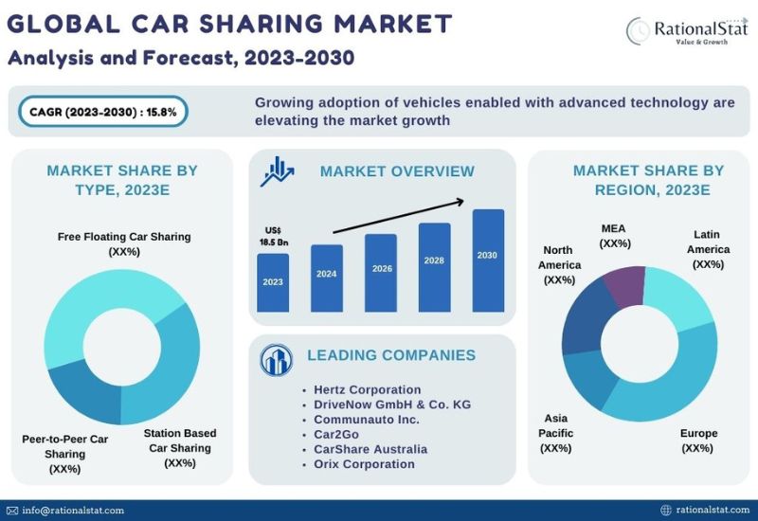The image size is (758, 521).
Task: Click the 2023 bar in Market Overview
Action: pos(273,282)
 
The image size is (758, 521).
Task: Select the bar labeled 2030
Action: pos(488,260)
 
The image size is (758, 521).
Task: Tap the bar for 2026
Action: pos(381,273)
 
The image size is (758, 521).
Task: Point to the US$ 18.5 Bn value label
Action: pos(274,236)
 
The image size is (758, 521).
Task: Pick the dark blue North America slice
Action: pos(584,319)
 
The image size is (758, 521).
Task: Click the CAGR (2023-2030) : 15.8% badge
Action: pos(103,112)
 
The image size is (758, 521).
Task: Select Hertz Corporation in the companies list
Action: pos(367,389)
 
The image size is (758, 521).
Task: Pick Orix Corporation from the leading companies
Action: pos(364,464)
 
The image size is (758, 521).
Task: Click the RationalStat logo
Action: pos(687,31)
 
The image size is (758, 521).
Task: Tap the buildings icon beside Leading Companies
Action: pos(276,360)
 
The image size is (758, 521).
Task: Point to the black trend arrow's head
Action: pos(461,201)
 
